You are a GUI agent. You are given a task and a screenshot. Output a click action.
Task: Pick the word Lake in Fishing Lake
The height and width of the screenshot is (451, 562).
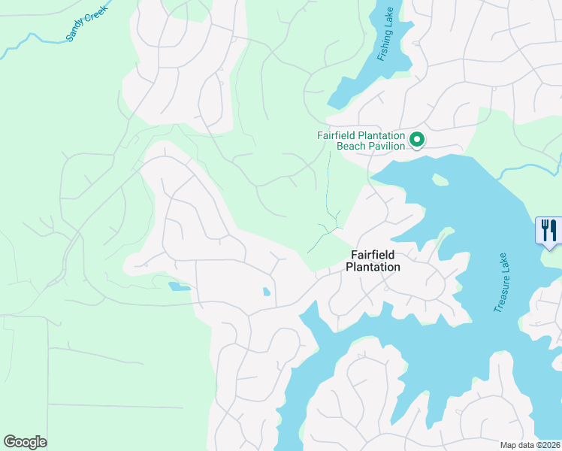pyautogui.click(x=388, y=20)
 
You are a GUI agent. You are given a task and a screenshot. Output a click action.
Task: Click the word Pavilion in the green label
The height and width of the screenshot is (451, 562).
pyautogui.click(x=386, y=146)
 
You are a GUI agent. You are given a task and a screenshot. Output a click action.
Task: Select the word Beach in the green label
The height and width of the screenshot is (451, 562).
pyautogui.click(x=350, y=146)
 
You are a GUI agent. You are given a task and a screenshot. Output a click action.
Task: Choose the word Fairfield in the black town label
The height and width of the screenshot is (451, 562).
pyautogui.click(x=373, y=256)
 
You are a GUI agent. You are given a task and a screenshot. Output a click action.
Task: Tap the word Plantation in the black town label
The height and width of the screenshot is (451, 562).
pyautogui.click(x=373, y=267)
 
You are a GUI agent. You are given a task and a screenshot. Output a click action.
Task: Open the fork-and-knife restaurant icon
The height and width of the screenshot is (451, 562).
pyautogui.click(x=548, y=229)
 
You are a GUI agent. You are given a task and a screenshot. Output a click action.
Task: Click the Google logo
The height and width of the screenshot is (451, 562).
pyautogui.click(x=25, y=441)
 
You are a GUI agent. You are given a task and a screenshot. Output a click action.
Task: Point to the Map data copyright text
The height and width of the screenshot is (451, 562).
pyautogui.click(x=529, y=445)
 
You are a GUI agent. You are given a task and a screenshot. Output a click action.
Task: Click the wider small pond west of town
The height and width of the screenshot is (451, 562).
pyautogui.click(x=179, y=286)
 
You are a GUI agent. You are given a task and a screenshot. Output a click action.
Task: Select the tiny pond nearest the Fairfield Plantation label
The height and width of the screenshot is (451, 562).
pyautogui.click(x=267, y=292)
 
